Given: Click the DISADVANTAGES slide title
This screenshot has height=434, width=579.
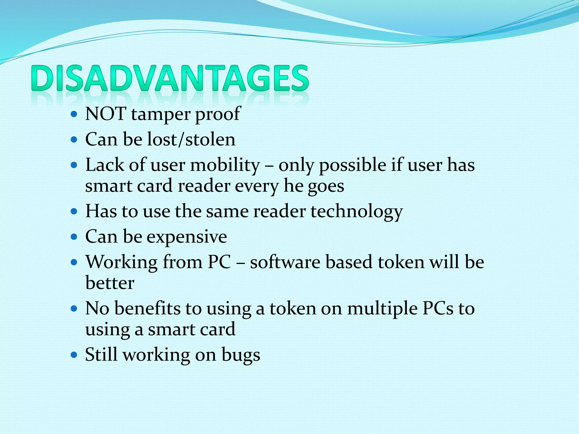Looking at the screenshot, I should (170, 78).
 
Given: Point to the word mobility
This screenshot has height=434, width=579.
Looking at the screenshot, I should (225, 165).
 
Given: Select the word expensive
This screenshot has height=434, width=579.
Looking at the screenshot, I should (187, 237).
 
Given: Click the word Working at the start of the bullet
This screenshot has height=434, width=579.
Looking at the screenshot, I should (122, 262).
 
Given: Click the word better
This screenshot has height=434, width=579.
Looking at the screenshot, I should (110, 283).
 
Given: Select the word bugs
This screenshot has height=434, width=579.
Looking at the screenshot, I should (241, 355).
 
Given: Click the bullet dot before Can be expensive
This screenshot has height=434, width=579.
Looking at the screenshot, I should (74, 236).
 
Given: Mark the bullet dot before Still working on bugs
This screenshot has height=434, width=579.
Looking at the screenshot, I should (74, 355).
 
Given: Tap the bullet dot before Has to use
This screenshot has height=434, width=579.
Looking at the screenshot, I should (74, 211).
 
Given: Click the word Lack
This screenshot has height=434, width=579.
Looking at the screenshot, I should (105, 165).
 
